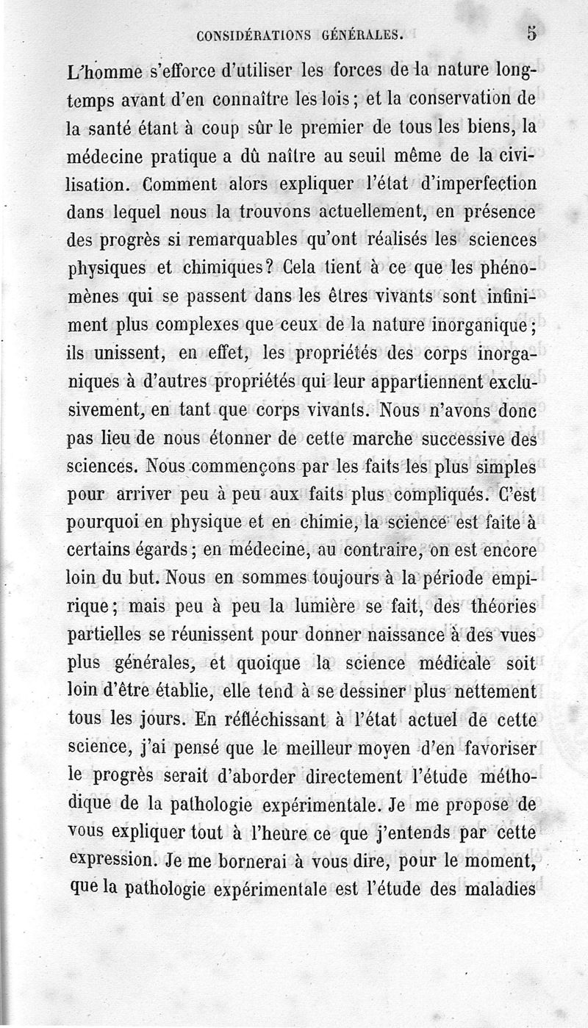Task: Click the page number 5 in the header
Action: pyautogui.click(x=531, y=34)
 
